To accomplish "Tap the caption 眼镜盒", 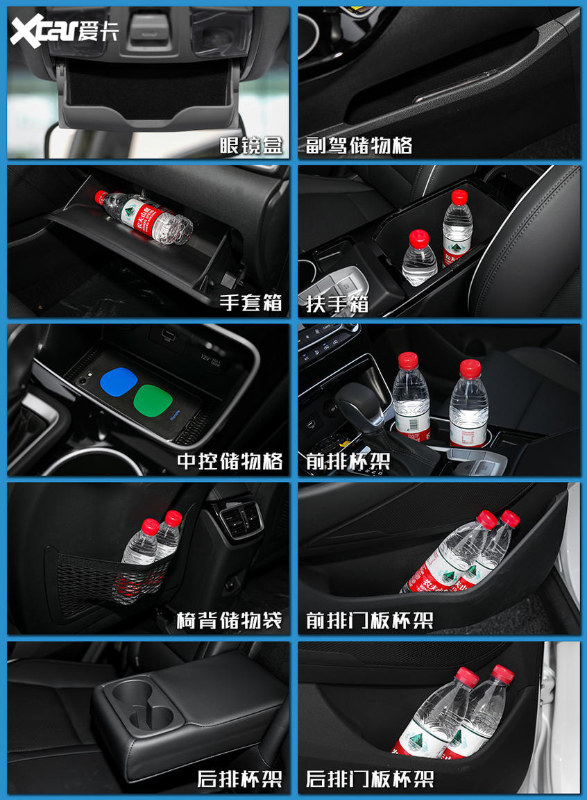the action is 250,145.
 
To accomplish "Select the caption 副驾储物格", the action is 359,145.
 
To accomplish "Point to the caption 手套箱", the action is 250,303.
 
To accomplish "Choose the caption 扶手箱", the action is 337,303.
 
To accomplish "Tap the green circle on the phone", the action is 153,399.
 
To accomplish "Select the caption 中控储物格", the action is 229,461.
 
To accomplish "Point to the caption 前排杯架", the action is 348,461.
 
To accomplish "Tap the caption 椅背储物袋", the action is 229,620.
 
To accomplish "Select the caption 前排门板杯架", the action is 369,620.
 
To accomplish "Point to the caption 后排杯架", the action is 239,779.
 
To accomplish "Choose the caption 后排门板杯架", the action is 369,779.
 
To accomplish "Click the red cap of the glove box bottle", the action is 101,197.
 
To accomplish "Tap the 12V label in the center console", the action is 205,358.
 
